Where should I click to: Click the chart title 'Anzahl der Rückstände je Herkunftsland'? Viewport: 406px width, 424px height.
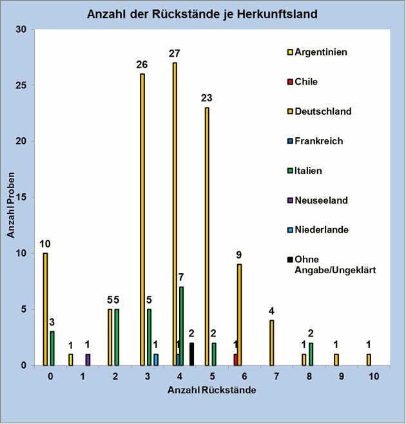[202, 14]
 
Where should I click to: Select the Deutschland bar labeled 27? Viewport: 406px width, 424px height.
[175, 213]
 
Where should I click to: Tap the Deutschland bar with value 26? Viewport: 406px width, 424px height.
[142, 219]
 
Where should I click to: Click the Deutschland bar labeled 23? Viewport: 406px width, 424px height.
[207, 236]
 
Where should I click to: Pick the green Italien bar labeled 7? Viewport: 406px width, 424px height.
[182, 326]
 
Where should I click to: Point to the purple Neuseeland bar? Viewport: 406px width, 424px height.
[88, 360]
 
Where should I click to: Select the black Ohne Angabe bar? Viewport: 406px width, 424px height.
[191, 354]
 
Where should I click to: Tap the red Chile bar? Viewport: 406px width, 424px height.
[235, 360]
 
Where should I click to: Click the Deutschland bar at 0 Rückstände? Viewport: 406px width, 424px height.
[45, 309]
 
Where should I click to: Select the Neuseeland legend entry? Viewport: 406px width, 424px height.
[321, 200]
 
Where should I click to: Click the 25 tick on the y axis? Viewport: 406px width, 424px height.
[21, 85]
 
